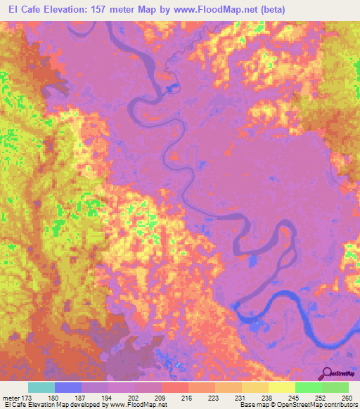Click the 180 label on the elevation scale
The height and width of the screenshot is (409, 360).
56,396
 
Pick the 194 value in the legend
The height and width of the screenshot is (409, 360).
108,396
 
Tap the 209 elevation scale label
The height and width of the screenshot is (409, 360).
161,396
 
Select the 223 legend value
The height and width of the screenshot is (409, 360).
214,396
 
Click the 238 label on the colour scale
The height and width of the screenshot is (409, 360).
268,396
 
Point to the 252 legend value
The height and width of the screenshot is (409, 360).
321,396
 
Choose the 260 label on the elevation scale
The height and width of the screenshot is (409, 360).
345,396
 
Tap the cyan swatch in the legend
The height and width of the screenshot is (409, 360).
41,387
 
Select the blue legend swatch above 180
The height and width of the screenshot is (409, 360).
68,387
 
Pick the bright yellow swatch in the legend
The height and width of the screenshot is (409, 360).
281,387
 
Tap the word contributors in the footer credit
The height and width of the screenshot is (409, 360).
340,405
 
